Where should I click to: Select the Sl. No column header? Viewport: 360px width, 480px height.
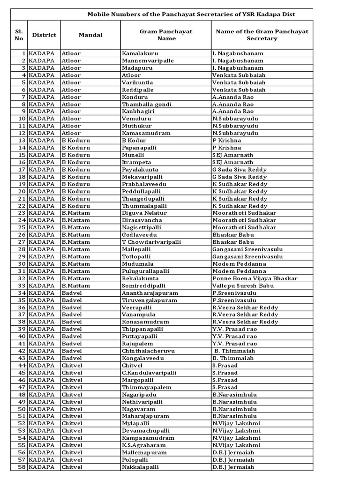click(19, 35)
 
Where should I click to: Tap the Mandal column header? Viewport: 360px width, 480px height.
click(90, 35)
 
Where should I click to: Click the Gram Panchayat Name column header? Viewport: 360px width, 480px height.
click(166, 35)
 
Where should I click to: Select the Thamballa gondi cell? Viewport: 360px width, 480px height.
click(146, 104)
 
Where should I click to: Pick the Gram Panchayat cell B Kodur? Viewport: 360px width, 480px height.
click(134, 141)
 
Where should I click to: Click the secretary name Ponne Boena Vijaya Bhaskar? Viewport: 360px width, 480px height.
click(255, 278)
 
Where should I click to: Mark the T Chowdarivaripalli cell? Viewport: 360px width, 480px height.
click(151, 242)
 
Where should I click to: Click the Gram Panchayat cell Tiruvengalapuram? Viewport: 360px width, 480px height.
click(149, 300)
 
